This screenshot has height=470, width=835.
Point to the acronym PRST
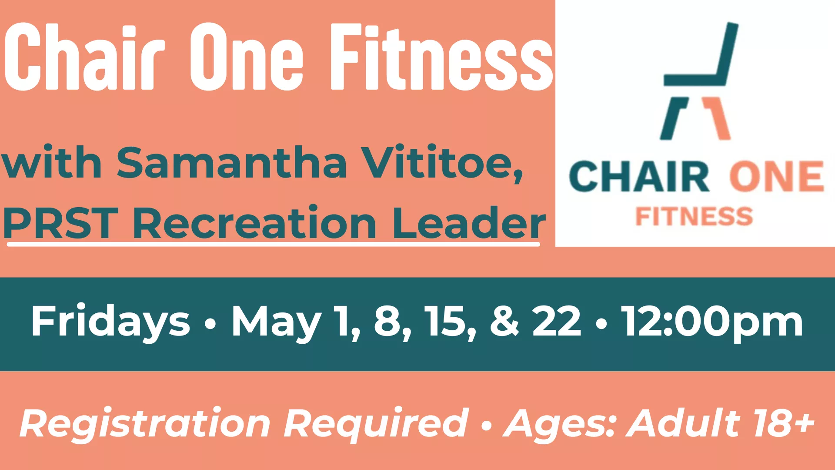pyautogui.click(x=61, y=223)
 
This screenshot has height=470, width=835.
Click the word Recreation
pyautogui.click(x=254, y=223)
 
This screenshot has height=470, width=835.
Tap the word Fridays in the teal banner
pyautogui.click(x=110, y=322)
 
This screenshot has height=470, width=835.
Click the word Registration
pyautogui.click(x=145, y=423)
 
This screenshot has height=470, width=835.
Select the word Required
pyautogui.click(x=376, y=423)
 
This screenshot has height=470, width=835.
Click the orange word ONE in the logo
pyautogui.click(x=777, y=177)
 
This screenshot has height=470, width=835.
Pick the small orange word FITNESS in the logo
pyautogui.click(x=694, y=216)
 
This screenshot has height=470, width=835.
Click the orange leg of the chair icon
pyautogui.click(x=717, y=118)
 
